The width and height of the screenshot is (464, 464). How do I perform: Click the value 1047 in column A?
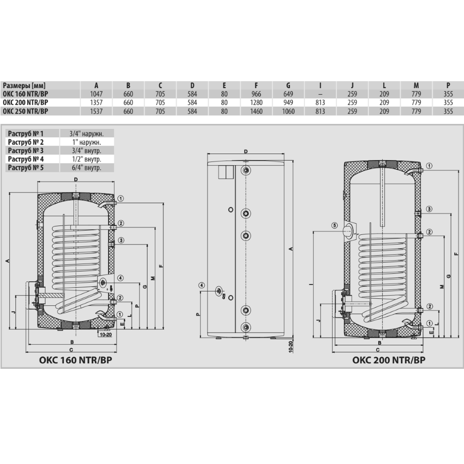(96, 94)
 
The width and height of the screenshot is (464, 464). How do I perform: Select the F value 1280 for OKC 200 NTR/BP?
(256, 103)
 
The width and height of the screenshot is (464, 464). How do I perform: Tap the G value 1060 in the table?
(288, 111)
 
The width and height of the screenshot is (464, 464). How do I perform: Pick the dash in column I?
(320, 94)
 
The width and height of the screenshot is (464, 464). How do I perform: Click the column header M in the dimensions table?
(416, 85)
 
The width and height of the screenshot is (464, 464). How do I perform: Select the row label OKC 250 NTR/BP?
(26, 111)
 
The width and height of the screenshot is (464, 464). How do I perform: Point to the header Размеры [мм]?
(24, 85)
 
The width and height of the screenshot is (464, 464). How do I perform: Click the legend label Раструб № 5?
(26, 168)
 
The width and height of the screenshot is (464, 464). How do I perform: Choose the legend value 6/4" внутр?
(87, 168)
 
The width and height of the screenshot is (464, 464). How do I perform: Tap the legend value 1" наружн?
(87, 142)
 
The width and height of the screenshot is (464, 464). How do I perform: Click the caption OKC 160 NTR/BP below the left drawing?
(76, 360)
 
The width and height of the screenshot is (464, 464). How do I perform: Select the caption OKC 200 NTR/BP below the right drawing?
(388, 360)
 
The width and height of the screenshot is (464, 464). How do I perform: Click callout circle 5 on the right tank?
(335, 226)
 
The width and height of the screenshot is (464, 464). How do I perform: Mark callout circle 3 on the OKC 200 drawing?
(429, 209)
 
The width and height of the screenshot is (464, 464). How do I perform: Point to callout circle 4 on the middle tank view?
(201, 285)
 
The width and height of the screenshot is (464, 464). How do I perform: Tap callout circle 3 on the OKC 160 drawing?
(121, 240)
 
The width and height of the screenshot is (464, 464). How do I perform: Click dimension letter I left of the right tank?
(311, 284)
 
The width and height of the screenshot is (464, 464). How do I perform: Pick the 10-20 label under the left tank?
(106, 335)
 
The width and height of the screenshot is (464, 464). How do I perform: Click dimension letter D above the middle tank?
(245, 152)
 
